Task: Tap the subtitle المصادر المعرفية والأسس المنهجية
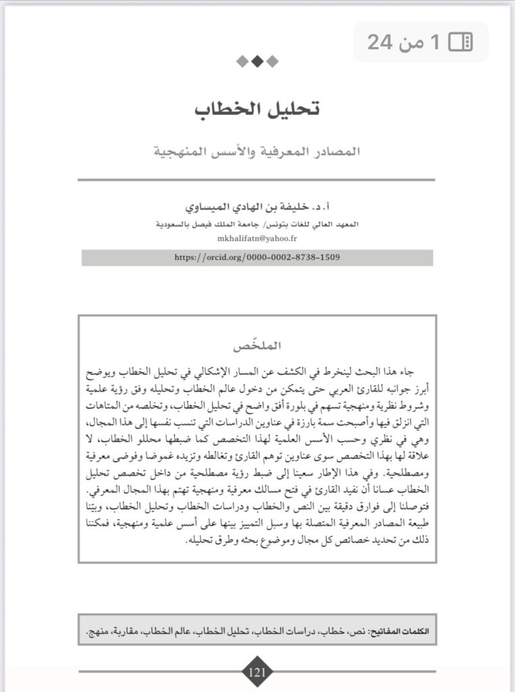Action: (257, 150)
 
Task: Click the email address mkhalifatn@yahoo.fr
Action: (257, 239)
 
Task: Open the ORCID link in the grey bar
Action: (257, 257)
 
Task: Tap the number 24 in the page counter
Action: (380, 43)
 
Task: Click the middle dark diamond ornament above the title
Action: (257, 61)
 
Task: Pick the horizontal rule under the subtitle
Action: (256, 180)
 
